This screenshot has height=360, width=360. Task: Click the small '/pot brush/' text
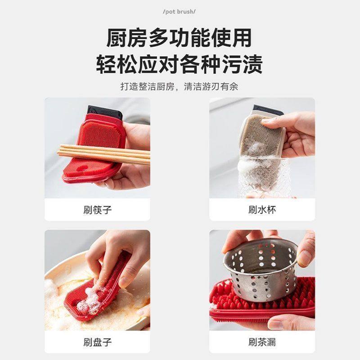[179, 10]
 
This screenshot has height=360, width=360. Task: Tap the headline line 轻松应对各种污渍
[179, 64]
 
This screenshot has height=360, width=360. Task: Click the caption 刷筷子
[97, 209]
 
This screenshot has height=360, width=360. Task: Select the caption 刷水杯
[262, 209]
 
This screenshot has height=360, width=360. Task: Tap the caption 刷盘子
[97, 342]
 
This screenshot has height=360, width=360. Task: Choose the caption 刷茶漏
[262, 342]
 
